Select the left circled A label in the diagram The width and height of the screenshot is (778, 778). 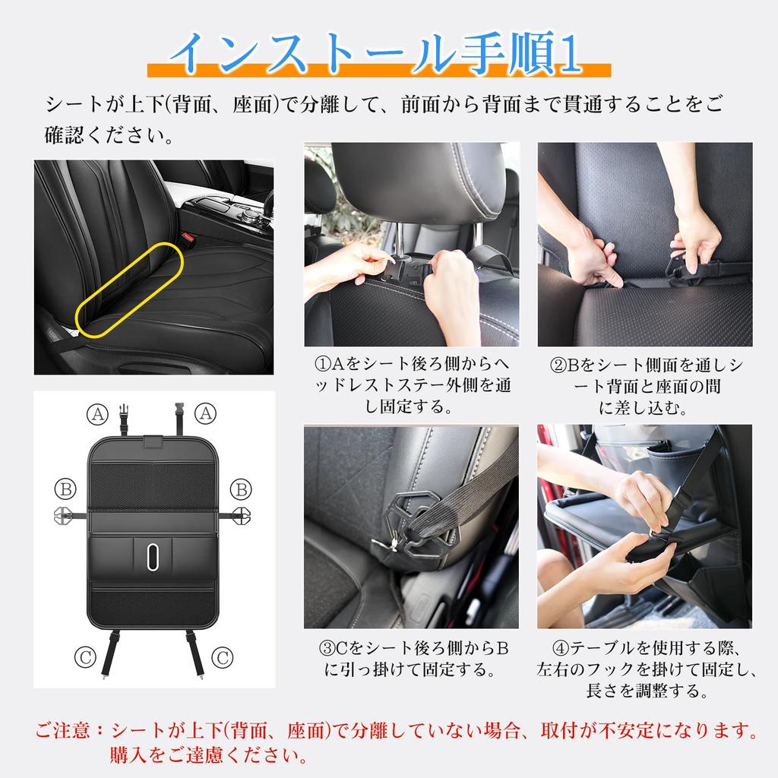pyautogui.click(x=96, y=414)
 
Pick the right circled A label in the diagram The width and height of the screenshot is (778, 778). pyautogui.click(x=204, y=413)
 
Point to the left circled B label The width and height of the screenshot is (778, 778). pyautogui.click(x=65, y=489)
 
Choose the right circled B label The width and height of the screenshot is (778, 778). pyautogui.click(x=240, y=489)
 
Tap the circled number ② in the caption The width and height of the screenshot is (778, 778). pyautogui.click(x=557, y=365)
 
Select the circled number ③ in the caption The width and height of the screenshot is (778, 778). pyautogui.click(x=326, y=649)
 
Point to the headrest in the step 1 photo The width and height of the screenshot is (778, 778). pyautogui.click(x=418, y=182)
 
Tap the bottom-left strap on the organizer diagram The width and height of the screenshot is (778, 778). pyautogui.click(x=111, y=653)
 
